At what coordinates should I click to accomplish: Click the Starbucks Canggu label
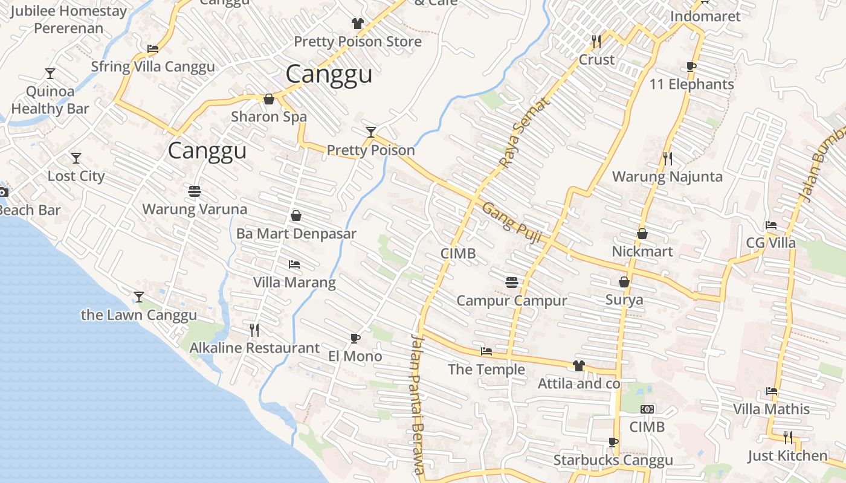tap(613, 460)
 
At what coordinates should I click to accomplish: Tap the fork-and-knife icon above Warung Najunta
tap(667, 159)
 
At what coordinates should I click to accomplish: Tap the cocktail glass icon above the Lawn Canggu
tap(139, 296)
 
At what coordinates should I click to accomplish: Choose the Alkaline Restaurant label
tap(254, 348)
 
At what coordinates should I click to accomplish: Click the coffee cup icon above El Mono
tap(355, 338)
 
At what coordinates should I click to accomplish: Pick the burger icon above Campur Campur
tap(511, 282)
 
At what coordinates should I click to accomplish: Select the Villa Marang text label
tap(294, 283)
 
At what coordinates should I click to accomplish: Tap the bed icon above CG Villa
tap(770, 225)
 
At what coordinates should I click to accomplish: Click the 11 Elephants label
tap(691, 85)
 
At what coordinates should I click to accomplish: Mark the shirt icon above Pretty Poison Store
tap(358, 24)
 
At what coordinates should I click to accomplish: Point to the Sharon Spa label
tap(269, 117)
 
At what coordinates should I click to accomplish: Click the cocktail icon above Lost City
tap(76, 158)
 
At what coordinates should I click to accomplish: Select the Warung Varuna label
tap(195, 210)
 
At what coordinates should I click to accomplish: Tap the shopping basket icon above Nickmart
tap(642, 233)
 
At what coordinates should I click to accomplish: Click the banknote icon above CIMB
tap(647, 409)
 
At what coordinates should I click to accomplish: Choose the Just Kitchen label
tap(787, 455)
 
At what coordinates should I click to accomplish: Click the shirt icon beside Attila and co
tap(578, 365)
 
